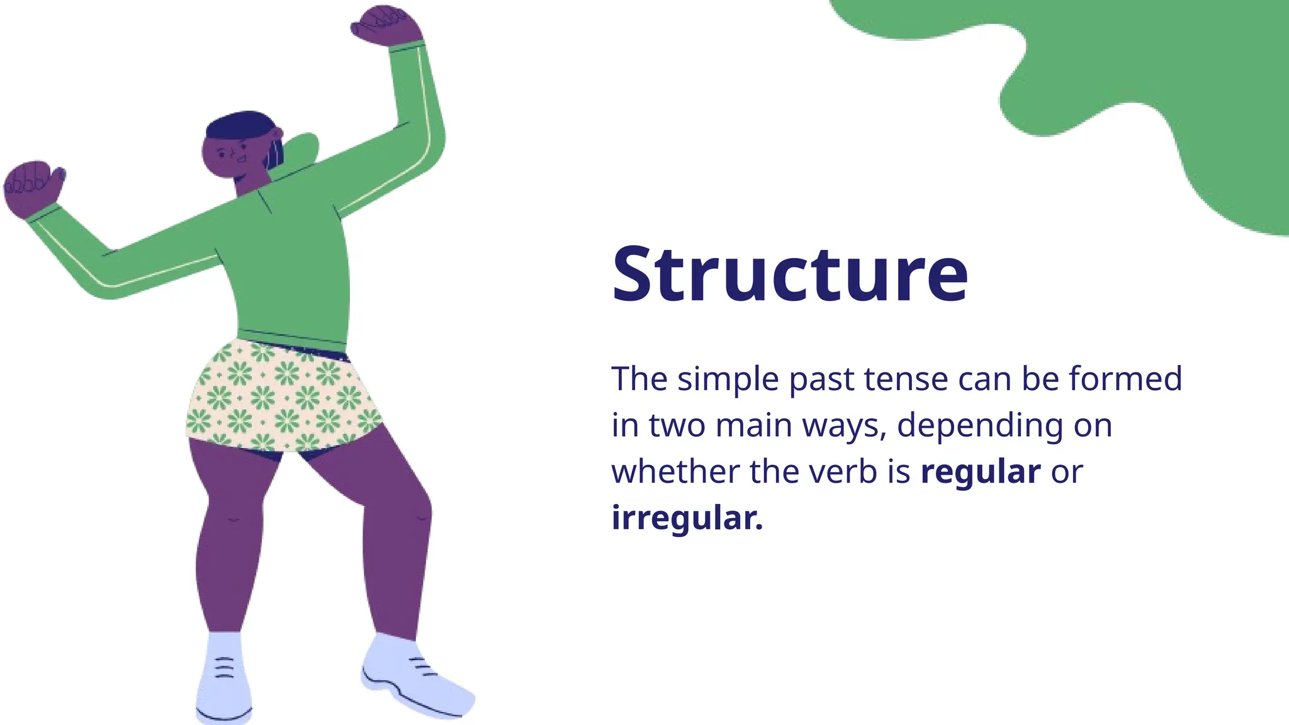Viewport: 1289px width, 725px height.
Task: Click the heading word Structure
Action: tap(789, 274)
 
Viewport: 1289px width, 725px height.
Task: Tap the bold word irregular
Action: tap(687, 518)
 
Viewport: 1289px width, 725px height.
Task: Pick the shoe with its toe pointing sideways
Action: tap(415, 680)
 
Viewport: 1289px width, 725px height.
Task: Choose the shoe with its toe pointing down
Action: tap(223, 680)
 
